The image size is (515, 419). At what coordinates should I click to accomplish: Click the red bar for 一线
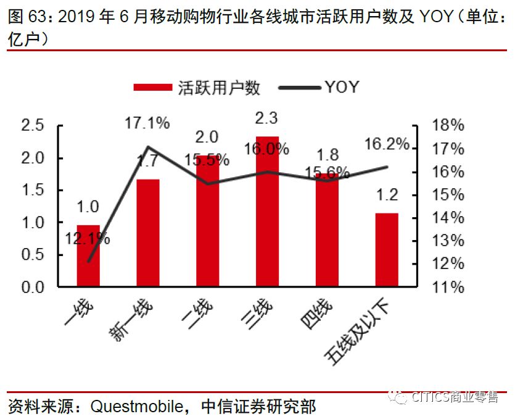point(88,256)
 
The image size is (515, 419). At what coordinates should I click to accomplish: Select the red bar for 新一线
point(148,233)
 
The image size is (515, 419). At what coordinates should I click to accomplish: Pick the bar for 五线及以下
point(387,250)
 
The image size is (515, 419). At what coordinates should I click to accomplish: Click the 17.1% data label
point(147,123)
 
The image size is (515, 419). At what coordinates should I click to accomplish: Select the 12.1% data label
point(89,238)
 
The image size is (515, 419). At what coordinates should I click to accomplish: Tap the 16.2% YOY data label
point(387,144)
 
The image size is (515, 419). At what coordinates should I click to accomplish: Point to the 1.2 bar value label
point(387,196)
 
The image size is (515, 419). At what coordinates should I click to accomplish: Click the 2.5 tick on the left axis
point(33,126)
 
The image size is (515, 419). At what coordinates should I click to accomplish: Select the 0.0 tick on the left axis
point(33,287)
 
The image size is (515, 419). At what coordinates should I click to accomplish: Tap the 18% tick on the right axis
point(448,126)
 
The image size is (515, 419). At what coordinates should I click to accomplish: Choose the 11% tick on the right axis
point(448,287)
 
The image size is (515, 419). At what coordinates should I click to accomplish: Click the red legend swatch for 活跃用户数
point(152,88)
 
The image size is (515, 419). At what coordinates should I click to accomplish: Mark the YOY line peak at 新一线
point(148,147)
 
